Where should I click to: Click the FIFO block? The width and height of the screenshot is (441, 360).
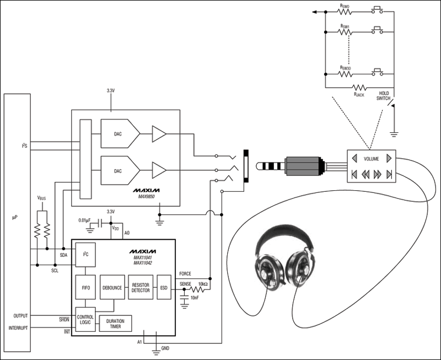(x=85, y=287)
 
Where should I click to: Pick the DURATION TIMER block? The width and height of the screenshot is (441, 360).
(x=116, y=324)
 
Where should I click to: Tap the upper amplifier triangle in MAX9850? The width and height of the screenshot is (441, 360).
(x=159, y=133)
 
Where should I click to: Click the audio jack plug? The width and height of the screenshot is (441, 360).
(x=298, y=165)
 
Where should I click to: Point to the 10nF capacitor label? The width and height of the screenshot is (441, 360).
(x=193, y=298)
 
